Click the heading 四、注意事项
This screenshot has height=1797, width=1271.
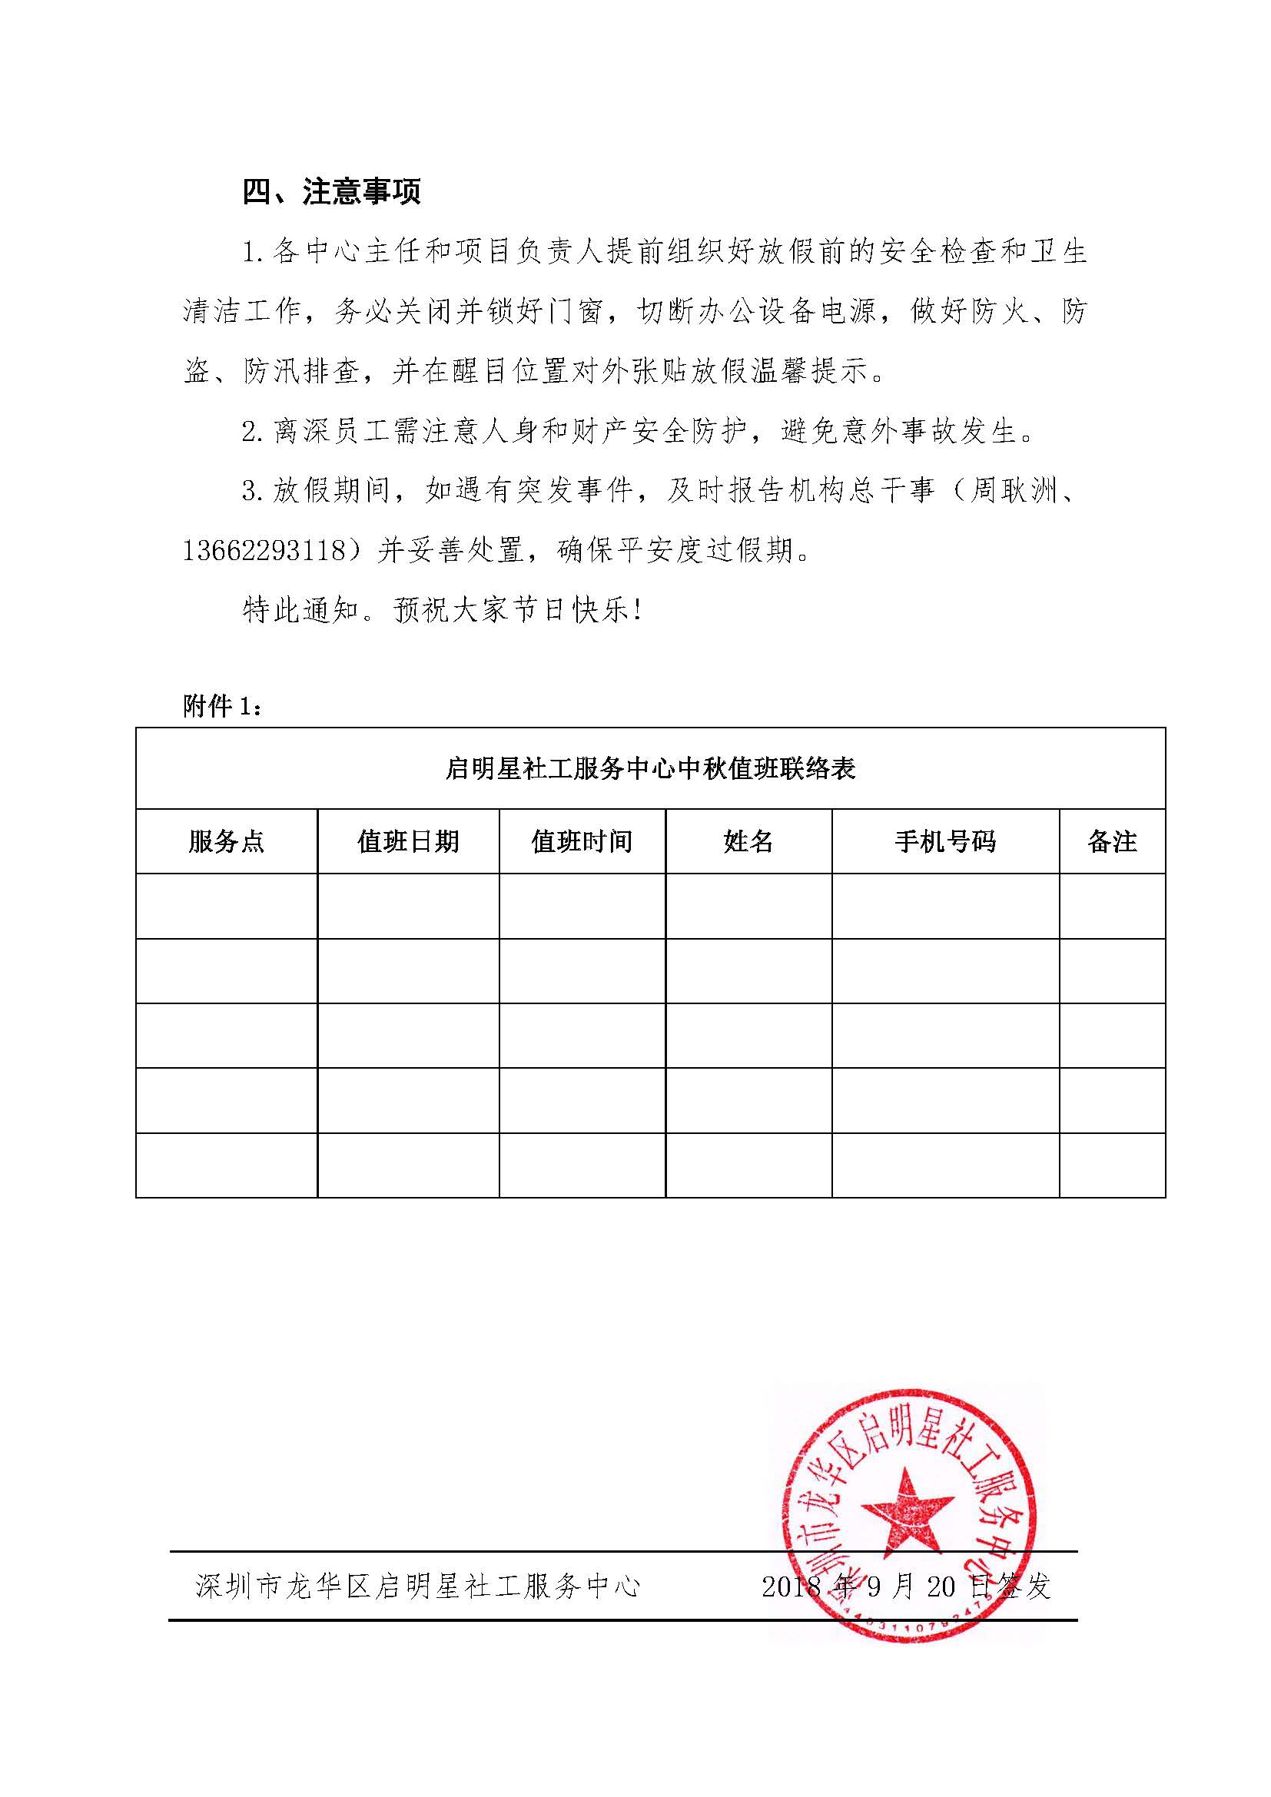332,192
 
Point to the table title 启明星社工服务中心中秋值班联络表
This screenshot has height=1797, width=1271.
650,768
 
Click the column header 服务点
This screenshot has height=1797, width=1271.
226,841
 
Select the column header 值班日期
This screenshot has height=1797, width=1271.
408,841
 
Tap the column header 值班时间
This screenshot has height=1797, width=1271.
582,841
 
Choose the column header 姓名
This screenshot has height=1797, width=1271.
748,841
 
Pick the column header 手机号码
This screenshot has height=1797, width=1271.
944,841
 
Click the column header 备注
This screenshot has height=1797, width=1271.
1111,841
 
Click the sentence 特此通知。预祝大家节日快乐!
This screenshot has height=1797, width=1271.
442,612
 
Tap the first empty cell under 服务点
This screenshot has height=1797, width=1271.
226,906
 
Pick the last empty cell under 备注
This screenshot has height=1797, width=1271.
1111,1165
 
